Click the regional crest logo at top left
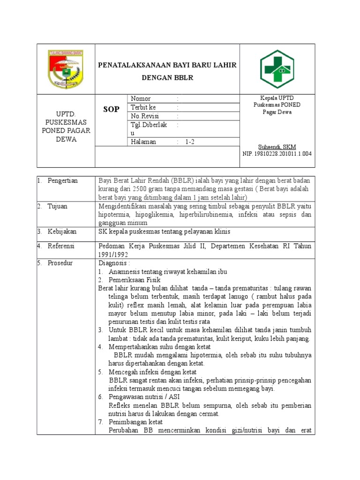coord(66,69)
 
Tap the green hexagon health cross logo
coord(277,69)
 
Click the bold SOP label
coord(111,109)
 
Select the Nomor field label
coord(141,99)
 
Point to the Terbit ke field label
coord(143,107)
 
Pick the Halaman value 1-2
coord(190,142)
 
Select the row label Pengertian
coord(62,181)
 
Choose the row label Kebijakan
coord(61,232)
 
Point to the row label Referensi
coord(61,246)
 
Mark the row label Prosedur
coord(60,263)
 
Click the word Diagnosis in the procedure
coord(112,263)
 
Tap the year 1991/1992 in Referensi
coord(113,254)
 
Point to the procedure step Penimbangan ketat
coord(135,422)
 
